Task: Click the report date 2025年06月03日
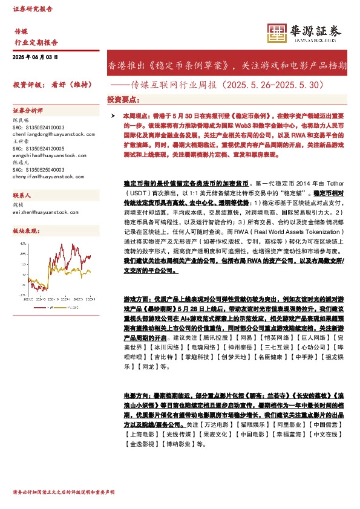(35, 56)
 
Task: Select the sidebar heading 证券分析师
(28, 111)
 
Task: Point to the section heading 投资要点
(123, 99)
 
